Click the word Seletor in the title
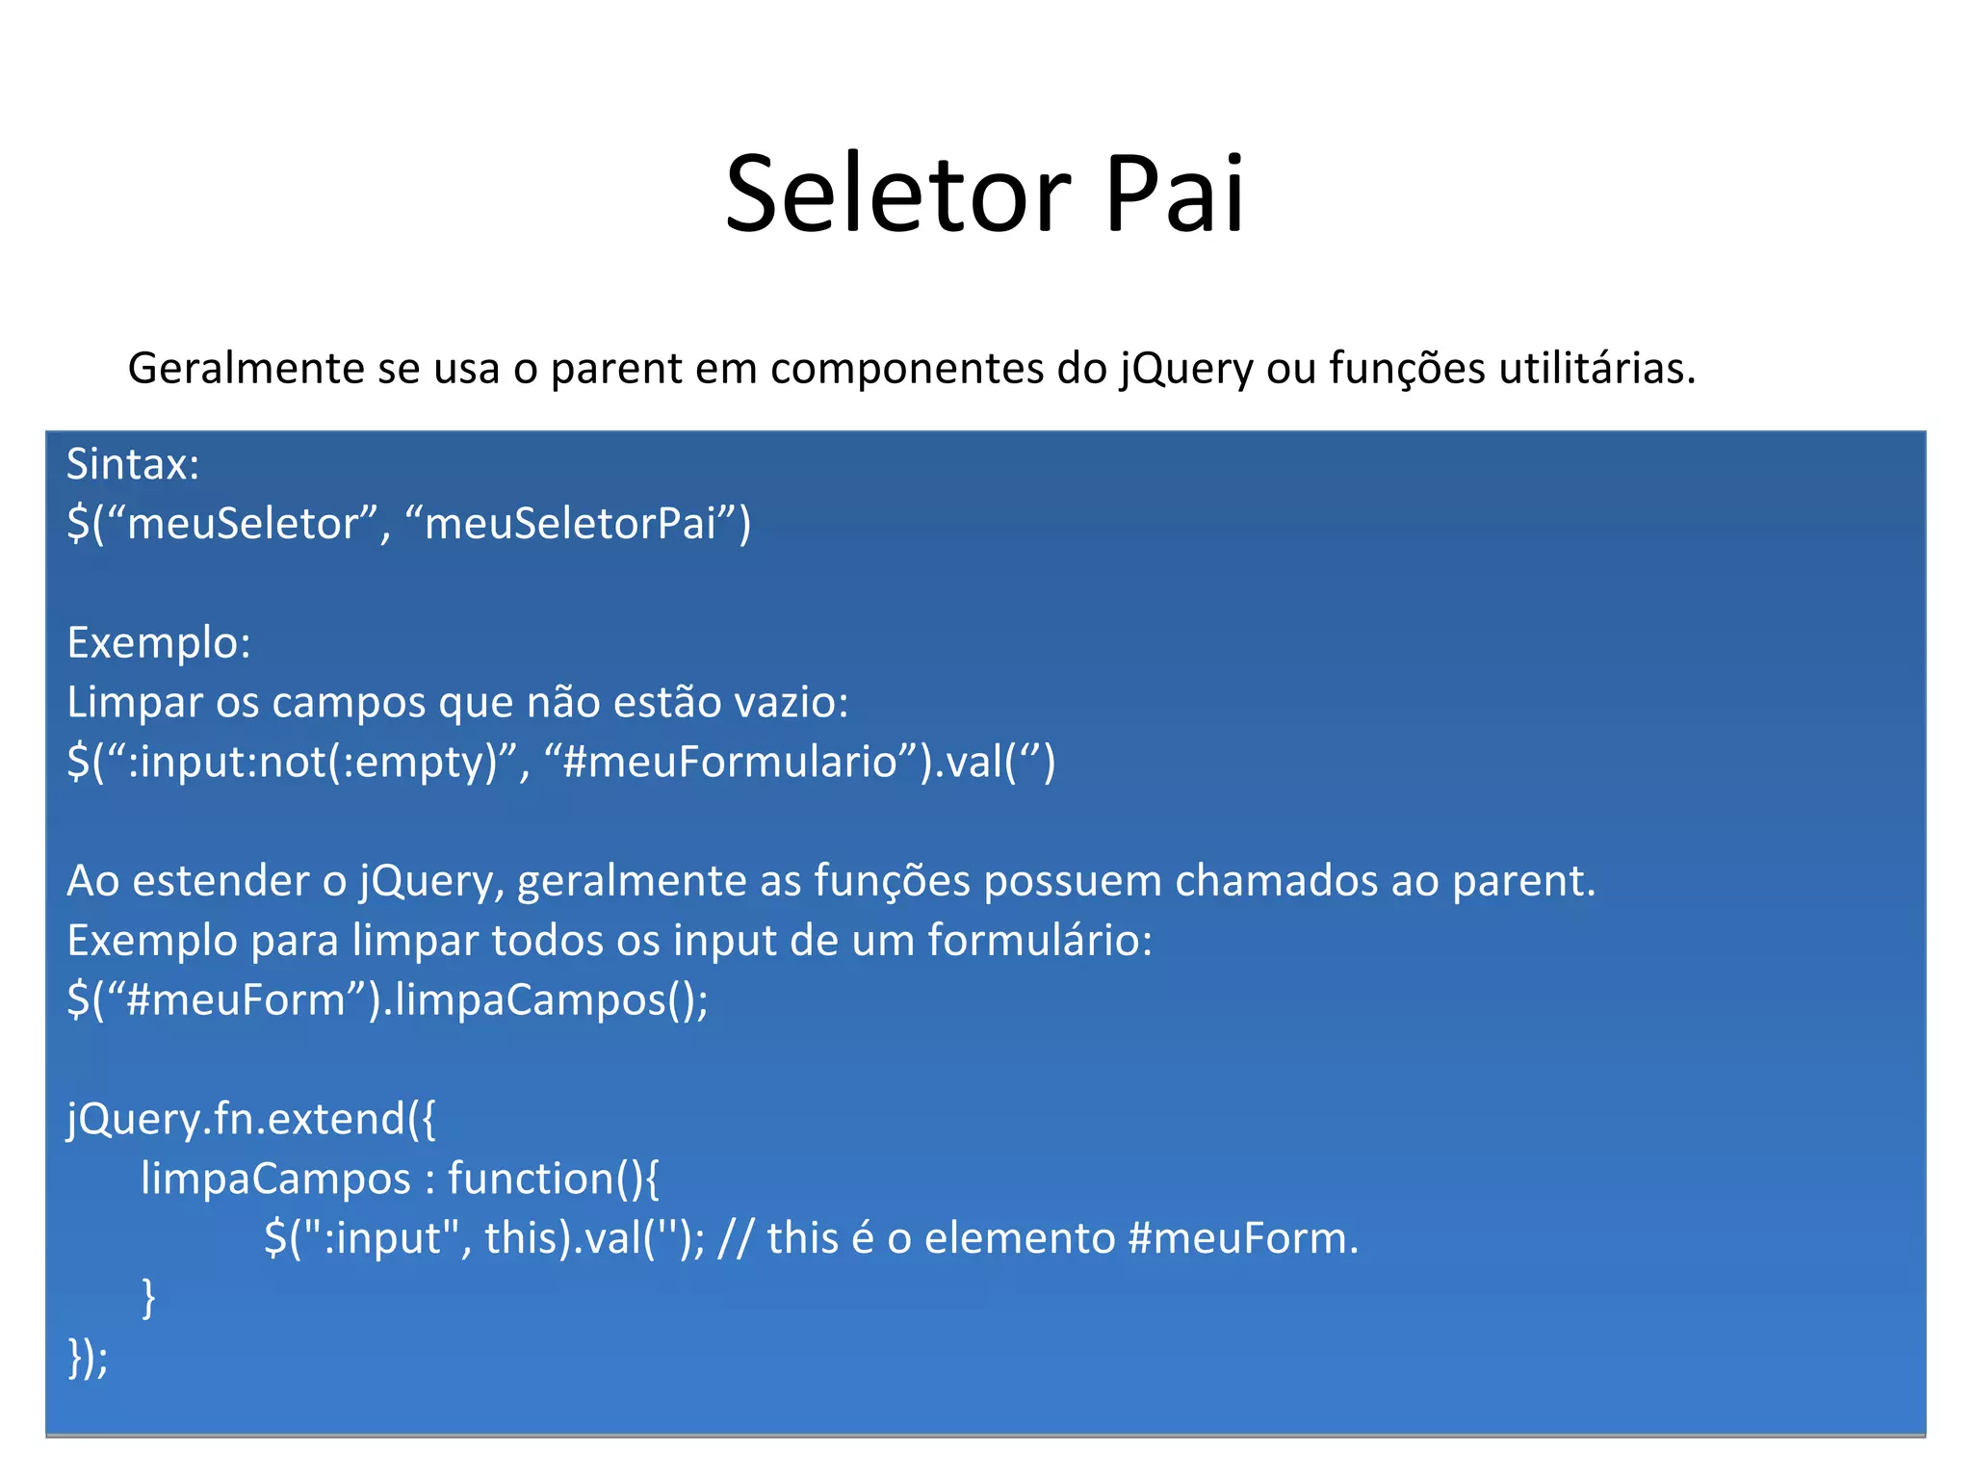pyautogui.click(x=897, y=195)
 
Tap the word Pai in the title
pyautogui.click(x=1174, y=195)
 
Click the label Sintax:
pyautogui.click(x=133, y=465)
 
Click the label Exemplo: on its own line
pyautogui.click(x=159, y=643)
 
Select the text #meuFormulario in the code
pyautogui.click(x=730, y=763)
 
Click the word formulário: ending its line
pyautogui.click(x=1040, y=941)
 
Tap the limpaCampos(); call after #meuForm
pyautogui.click(x=552, y=1000)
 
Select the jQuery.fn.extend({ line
pyautogui.click(x=251, y=1119)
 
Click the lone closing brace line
pyautogui.click(x=148, y=1298)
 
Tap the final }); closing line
pyautogui.click(x=88, y=1358)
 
